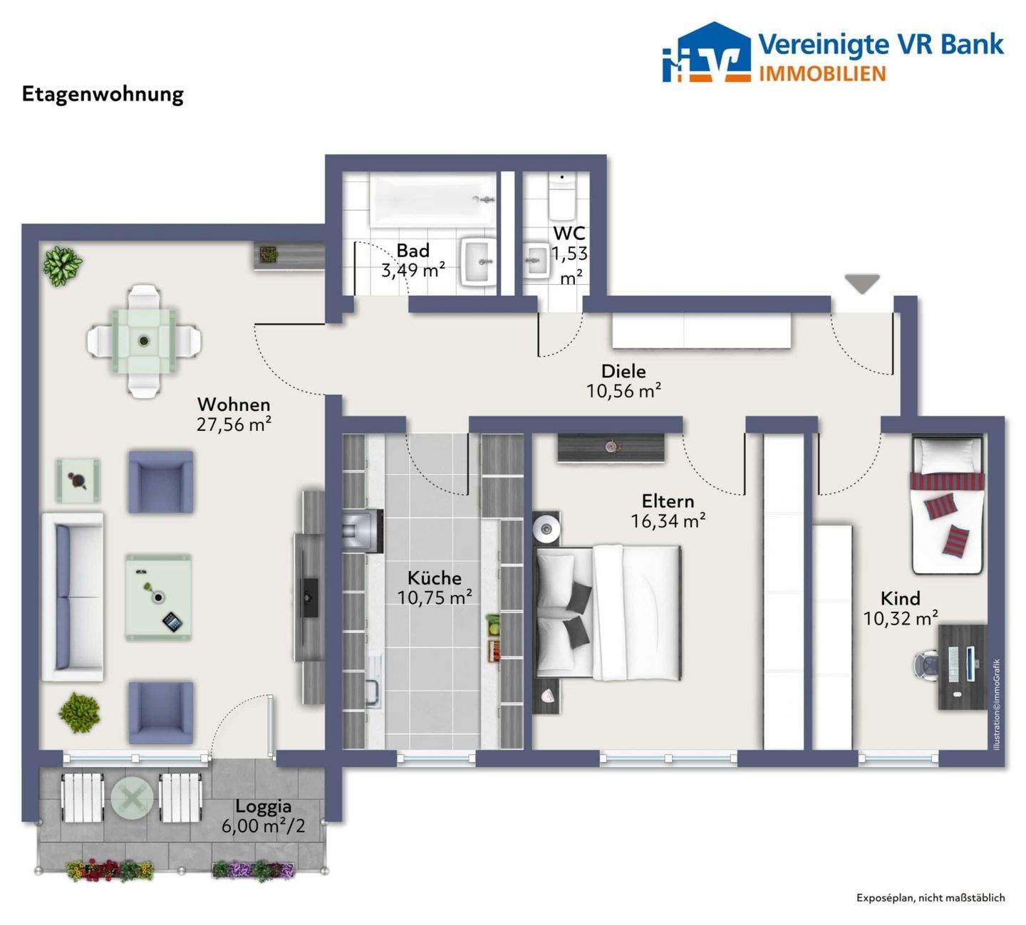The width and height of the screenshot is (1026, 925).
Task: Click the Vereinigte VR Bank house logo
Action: (x=706, y=52)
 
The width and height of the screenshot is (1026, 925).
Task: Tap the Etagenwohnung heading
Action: (x=103, y=95)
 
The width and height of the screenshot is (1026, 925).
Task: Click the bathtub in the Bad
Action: (x=432, y=199)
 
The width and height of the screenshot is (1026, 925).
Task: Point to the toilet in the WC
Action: (x=561, y=196)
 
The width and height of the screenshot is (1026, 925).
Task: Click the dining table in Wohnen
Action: (x=144, y=340)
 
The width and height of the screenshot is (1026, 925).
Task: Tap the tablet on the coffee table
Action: (x=171, y=622)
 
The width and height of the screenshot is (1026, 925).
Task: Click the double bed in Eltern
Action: (x=608, y=612)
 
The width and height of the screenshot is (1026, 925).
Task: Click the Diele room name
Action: (x=623, y=371)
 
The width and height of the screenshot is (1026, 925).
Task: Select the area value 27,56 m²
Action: (x=234, y=424)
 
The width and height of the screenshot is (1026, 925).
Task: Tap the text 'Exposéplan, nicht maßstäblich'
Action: (x=931, y=897)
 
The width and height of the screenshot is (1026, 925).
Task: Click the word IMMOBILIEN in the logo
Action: (x=822, y=73)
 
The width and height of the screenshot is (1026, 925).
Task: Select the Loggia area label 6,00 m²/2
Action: (x=263, y=826)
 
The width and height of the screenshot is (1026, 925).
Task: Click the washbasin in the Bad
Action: (x=480, y=261)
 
